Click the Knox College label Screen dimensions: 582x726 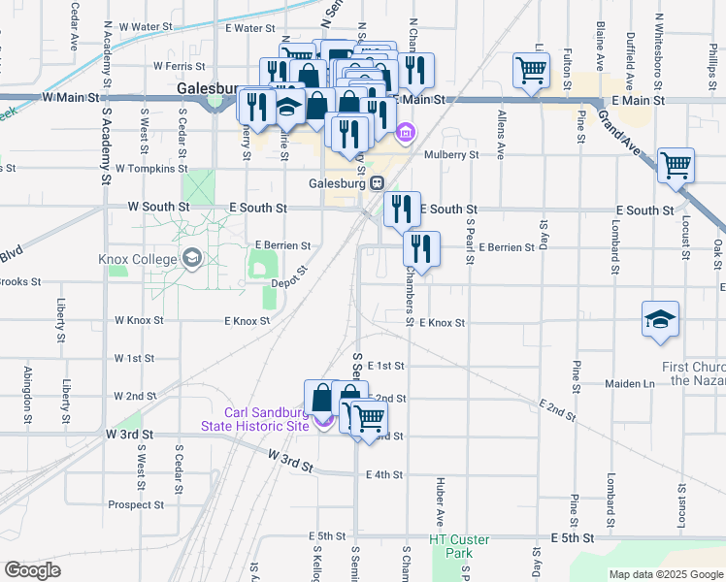tap(137, 259)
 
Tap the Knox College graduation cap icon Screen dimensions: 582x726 tap(191, 258)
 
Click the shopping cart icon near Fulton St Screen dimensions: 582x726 tap(531, 70)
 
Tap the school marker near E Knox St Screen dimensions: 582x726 tap(659, 319)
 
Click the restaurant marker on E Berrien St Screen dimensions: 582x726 tap(421, 247)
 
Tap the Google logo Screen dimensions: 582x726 tap(33, 569)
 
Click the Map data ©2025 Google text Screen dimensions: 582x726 tap(665, 574)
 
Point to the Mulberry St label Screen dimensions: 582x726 tap(447, 154)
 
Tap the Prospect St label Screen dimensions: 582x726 tap(135, 504)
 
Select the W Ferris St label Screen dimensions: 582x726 tap(182, 67)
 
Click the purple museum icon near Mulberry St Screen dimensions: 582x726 tap(406, 132)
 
